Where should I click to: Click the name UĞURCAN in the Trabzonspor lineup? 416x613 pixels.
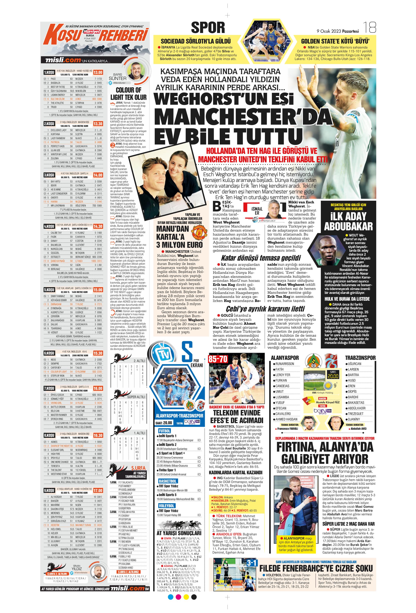click(x=354, y=364)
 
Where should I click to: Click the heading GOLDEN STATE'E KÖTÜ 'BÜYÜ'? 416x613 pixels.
click(x=335, y=41)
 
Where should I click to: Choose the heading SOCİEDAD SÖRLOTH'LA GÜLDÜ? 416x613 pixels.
click(x=196, y=41)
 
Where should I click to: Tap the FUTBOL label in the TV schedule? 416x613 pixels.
click(x=164, y=431)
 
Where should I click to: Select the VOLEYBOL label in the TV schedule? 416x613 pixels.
click(x=166, y=506)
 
